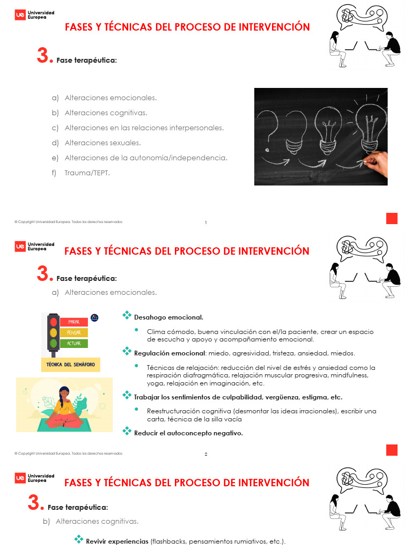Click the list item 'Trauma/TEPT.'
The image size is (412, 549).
[x=87, y=173]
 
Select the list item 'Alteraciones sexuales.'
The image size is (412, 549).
[x=102, y=143]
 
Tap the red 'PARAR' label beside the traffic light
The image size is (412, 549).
[x=73, y=322]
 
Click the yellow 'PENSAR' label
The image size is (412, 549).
[x=73, y=333]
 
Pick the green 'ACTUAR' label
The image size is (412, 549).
[x=73, y=343]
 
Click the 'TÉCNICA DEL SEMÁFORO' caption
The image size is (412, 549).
[x=71, y=365]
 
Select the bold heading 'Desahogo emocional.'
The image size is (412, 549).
[x=168, y=317]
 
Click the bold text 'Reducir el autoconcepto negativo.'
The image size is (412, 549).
[x=188, y=433]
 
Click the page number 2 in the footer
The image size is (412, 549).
[x=206, y=455]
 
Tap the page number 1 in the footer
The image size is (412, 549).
[x=206, y=223]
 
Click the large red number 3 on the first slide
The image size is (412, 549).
[x=43, y=56]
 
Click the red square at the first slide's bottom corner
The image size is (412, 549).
[x=392, y=218]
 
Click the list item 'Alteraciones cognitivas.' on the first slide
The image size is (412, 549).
[x=106, y=113]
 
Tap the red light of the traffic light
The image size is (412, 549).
[x=53, y=322]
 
